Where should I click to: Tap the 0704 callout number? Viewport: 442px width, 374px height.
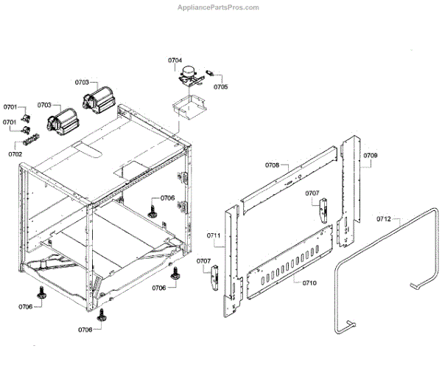(x=175, y=59)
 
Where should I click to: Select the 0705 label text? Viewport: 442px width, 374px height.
(x=220, y=86)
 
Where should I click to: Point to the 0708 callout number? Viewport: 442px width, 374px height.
(x=273, y=166)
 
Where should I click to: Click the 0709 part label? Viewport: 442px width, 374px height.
(x=371, y=156)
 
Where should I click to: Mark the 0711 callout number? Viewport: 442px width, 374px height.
(x=214, y=235)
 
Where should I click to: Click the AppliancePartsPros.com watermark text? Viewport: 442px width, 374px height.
(x=219, y=7)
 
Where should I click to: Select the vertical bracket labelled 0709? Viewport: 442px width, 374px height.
(x=353, y=184)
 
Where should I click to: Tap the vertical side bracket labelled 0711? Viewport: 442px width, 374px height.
(x=233, y=258)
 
